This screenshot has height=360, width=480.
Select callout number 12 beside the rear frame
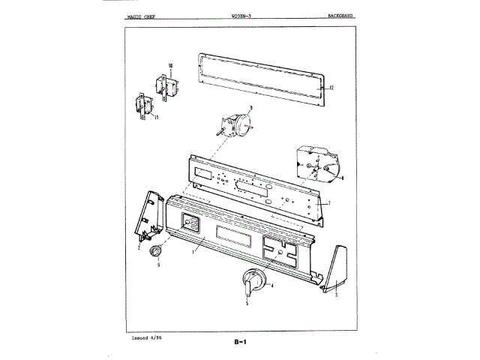(x=331, y=88)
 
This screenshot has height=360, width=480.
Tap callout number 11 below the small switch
(x=155, y=118)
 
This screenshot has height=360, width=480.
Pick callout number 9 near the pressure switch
(x=250, y=108)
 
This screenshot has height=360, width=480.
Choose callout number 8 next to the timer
(x=342, y=178)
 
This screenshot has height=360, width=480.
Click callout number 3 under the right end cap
(x=337, y=295)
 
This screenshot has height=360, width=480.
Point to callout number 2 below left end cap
(x=139, y=245)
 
